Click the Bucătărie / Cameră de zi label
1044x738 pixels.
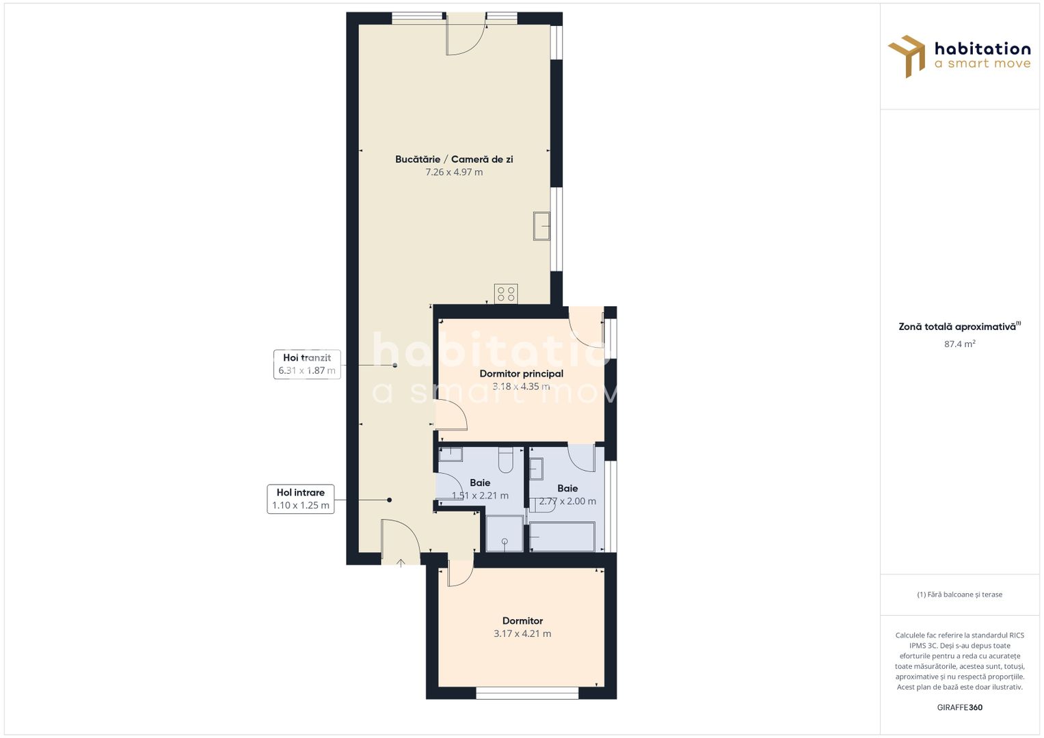tap(454, 159)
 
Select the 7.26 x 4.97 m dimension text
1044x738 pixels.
tap(454, 172)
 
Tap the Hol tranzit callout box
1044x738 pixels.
tap(307, 364)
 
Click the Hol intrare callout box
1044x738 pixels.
tap(301, 499)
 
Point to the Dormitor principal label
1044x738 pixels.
tap(521, 374)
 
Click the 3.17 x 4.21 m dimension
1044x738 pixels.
tap(522, 633)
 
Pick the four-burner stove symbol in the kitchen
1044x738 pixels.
tap(506, 294)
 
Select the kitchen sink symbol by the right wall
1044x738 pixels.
tap(541, 225)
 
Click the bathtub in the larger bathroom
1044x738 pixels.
tap(562, 536)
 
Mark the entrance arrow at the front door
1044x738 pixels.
tap(401, 562)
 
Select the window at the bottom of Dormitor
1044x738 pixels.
tap(527, 694)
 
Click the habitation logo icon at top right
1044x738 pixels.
tap(907, 56)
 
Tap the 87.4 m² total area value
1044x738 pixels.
tap(959, 344)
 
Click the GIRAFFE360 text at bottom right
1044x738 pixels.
tap(959, 707)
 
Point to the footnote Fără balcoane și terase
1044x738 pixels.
tap(959, 594)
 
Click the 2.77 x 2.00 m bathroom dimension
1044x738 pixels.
tap(567, 501)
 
